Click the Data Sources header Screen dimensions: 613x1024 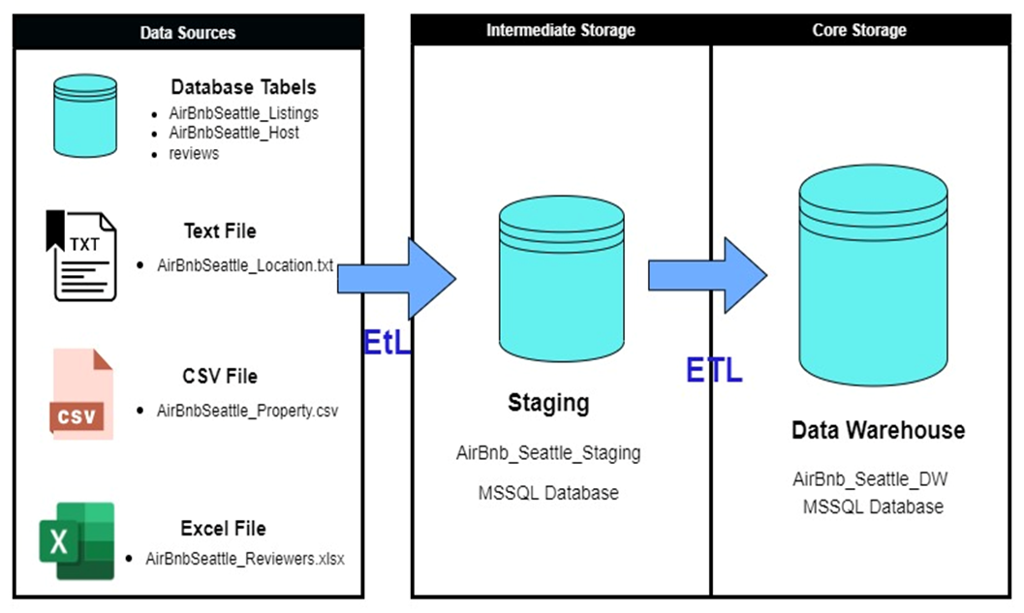point(187,32)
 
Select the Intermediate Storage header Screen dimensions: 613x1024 point(560,30)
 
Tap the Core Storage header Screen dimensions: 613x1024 point(858,30)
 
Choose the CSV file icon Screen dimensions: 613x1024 point(81,393)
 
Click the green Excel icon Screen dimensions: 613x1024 point(77,540)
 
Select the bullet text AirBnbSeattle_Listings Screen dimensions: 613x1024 point(243,112)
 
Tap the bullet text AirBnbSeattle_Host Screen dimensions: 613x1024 point(233,133)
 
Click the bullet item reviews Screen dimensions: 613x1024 point(194,153)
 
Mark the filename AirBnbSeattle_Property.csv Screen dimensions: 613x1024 point(247,410)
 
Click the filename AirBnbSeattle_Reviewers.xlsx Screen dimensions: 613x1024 point(244,558)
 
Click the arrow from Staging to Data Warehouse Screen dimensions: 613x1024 point(706,275)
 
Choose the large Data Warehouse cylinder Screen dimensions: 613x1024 point(872,276)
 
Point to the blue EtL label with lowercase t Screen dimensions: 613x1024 point(388,342)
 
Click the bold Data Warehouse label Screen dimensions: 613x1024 point(878,430)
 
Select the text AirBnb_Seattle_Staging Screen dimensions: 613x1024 point(548,452)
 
